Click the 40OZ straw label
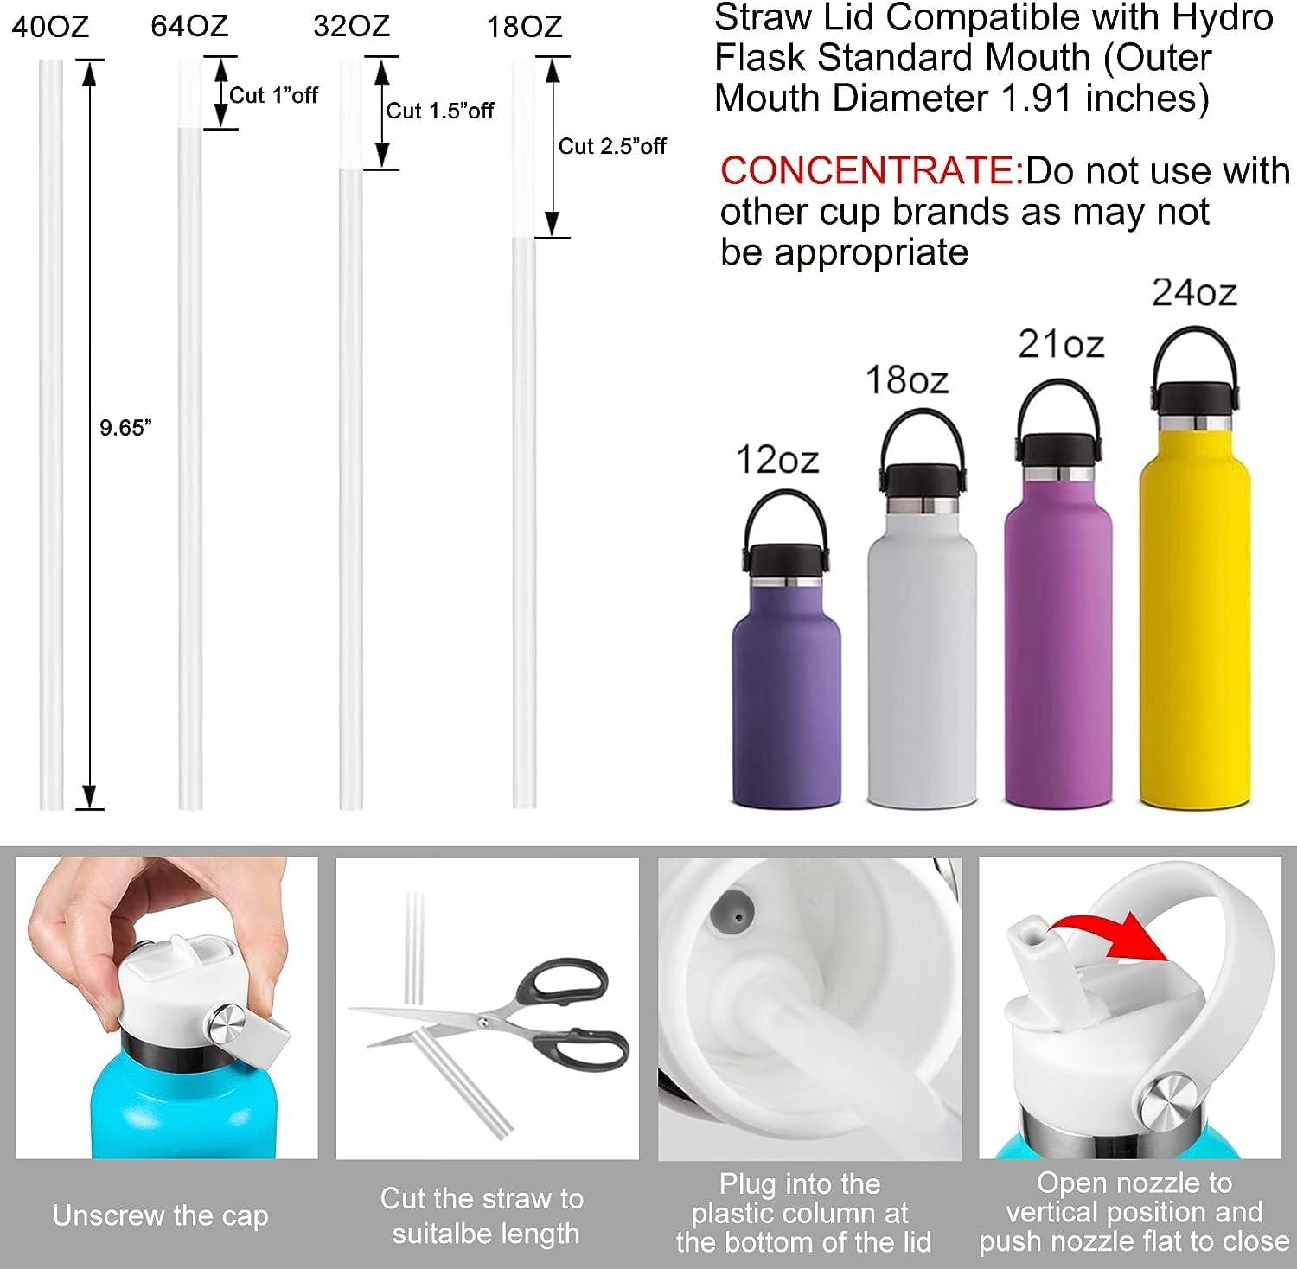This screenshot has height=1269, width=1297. [51, 27]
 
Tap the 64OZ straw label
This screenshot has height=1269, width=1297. [189, 26]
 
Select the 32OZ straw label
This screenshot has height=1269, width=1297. [351, 27]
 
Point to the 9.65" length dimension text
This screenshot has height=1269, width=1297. [125, 427]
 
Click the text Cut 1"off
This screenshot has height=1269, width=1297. [273, 95]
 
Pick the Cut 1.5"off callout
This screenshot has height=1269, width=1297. [440, 111]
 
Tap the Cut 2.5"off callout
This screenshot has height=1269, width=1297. [612, 146]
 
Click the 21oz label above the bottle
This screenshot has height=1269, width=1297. [1060, 345]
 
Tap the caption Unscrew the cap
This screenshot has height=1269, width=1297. [160, 1215]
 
